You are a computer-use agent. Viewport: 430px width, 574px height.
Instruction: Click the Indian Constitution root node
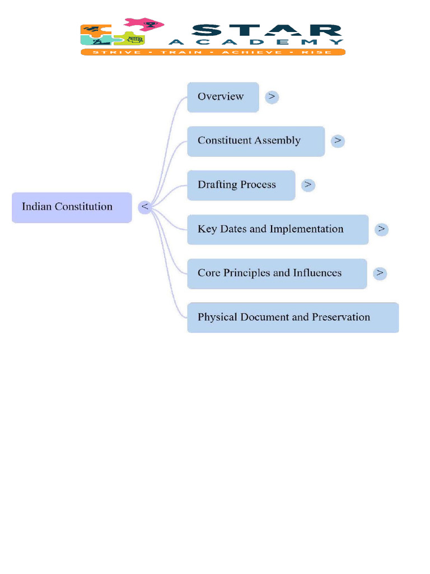[72, 207]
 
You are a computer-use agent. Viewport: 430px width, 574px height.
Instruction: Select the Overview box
[223, 97]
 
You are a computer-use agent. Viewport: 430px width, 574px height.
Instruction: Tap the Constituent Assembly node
[256, 141]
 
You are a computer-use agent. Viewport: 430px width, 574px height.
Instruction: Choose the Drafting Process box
[241, 185]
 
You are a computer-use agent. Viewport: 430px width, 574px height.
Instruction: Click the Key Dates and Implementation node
[278, 229]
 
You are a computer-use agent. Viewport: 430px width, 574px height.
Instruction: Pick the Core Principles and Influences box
[277, 274]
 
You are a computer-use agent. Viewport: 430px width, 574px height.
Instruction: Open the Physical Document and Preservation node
[293, 318]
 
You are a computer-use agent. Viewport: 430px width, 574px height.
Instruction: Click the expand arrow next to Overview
[272, 97]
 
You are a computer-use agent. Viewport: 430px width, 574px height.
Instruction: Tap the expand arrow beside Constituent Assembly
[338, 141]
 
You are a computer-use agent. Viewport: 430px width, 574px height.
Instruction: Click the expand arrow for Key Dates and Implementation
[381, 229]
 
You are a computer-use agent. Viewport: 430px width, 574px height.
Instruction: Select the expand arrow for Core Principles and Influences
[380, 274]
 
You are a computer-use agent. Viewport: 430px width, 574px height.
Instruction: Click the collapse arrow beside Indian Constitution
[145, 207]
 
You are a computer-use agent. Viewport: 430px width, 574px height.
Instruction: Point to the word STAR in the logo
[263, 30]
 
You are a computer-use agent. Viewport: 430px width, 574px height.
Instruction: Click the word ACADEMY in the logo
[256, 42]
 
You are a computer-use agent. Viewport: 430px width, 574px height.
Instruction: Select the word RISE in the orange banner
[320, 52]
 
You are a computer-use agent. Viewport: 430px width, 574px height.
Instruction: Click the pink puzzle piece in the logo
[144, 24]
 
